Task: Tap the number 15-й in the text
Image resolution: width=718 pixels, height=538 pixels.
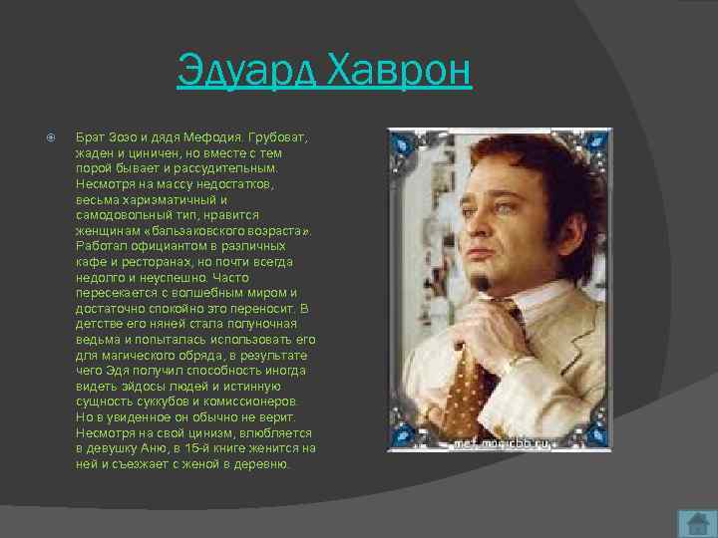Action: click(202, 448)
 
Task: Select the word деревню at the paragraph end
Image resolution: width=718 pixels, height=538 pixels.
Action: click(263, 463)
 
